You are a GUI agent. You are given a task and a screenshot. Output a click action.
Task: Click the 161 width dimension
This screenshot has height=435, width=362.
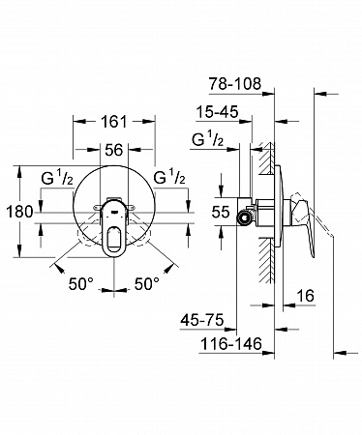tap(114, 122)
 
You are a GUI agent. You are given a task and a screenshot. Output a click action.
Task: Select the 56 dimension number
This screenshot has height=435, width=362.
tap(114, 150)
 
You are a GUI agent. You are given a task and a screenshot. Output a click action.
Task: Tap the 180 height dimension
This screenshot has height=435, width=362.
tap(19, 212)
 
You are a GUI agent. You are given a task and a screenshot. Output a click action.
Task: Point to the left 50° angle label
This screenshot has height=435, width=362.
tap(80, 284)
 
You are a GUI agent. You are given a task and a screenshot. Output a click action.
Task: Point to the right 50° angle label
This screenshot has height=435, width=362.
tap(147, 284)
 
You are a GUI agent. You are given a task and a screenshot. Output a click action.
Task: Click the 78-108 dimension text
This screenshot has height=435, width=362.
tap(234, 84)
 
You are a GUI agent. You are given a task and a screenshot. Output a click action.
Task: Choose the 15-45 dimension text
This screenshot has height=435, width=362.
tap(218, 112)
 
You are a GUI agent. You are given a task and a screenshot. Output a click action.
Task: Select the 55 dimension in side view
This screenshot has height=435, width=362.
tap(221, 212)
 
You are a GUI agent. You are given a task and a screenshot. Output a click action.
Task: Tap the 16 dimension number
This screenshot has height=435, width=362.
tap(305, 296)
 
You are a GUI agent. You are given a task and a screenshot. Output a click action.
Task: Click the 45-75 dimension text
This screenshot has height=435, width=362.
tap(202, 320)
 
